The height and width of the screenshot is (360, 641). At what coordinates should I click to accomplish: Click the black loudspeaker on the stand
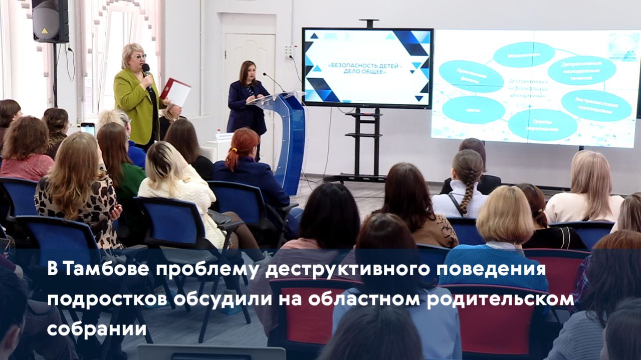(x=50, y=21)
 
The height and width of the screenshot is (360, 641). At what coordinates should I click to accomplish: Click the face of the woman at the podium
(x=249, y=73)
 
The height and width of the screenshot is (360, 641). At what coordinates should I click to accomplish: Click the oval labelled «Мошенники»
(x=523, y=54)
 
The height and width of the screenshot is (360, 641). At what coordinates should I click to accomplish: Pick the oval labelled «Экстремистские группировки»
(x=596, y=105)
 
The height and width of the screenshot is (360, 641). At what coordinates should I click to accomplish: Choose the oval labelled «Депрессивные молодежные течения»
(x=581, y=70)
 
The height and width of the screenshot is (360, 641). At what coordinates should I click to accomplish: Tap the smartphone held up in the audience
(x=88, y=129)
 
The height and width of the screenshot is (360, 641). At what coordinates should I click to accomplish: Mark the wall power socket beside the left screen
(x=289, y=51)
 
